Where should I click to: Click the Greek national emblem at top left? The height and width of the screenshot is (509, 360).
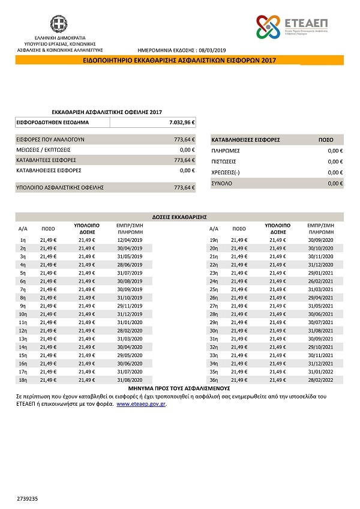(x=58, y=25)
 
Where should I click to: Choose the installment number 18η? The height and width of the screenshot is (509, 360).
(x=23, y=380)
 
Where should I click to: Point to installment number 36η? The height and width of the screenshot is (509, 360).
(x=213, y=380)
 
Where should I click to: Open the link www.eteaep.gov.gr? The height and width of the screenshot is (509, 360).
(x=141, y=405)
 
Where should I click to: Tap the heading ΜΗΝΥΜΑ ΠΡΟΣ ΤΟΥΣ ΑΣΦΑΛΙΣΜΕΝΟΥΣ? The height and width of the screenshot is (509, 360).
(x=179, y=388)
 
